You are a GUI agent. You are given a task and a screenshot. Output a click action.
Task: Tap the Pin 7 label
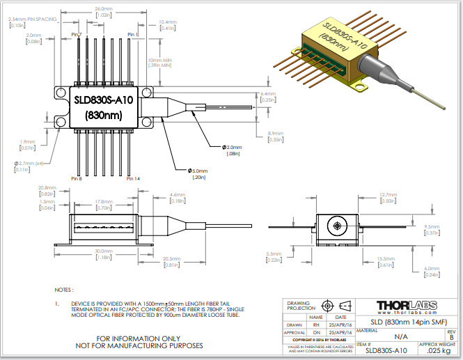pyautogui.click(x=76, y=34)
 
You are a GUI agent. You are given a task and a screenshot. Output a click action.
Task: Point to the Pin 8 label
pyautogui.click(x=76, y=178)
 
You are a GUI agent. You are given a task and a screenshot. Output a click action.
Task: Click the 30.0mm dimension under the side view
pyautogui.click(x=104, y=251)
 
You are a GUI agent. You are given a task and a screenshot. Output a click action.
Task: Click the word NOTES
pyautogui.click(x=63, y=289)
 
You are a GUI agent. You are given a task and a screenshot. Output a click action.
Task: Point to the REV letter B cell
pyautogui.click(x=450, y=337)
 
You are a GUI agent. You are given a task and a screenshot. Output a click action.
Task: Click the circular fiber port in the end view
pyautogui.click(x=337, y=226)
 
